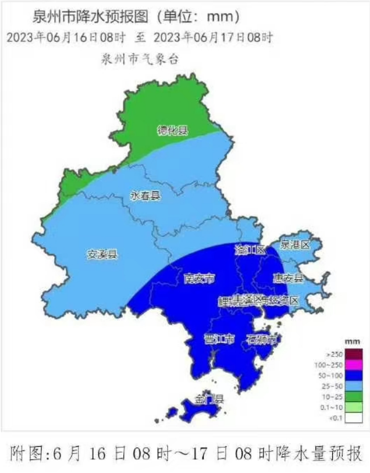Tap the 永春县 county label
(145, 196)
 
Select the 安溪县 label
(102, 254)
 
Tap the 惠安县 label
(289, 278)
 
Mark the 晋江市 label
(219, 339)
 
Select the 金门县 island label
(209, 399)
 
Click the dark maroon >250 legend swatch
(354, 354)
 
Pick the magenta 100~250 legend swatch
(354, 365)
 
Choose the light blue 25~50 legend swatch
(354, 386)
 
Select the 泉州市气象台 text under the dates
(139, 58)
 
